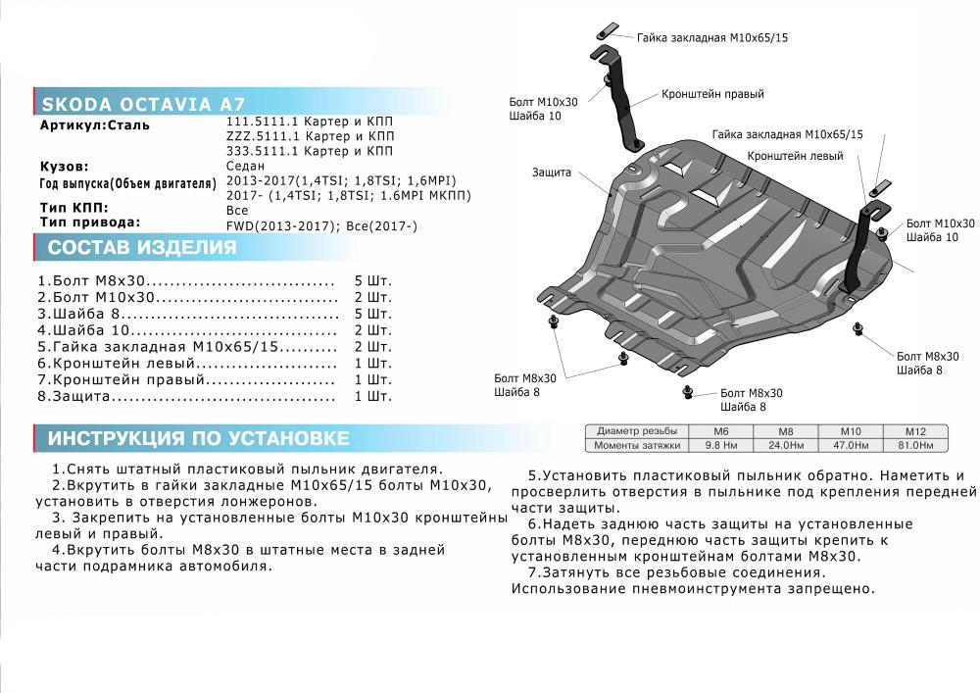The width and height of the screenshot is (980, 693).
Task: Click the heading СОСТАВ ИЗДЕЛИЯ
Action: (x=142, y=247)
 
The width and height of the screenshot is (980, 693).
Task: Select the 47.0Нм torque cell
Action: (x=850, y=446)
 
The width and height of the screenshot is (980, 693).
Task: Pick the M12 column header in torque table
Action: (x=913, y=431)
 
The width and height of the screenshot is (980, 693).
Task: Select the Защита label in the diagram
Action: (x=552, y=173)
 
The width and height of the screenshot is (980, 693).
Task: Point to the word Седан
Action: (x=245, y=168)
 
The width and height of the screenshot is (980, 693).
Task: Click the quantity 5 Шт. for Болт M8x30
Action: (x=372, y=280)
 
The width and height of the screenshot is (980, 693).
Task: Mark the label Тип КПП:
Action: (x=74, y=209)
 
